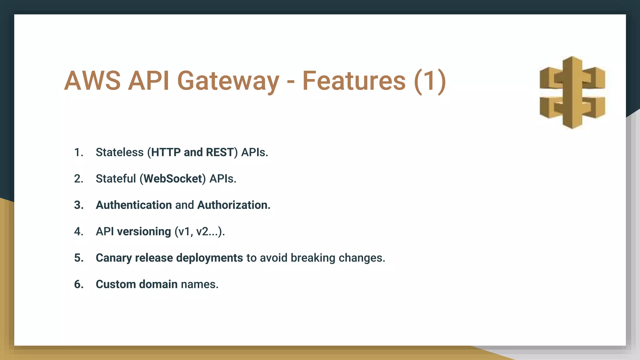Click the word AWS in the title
point(92,81)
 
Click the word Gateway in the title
point(228,81)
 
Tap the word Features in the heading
point(354,81)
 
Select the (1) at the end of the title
point(430,81)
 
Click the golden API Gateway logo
point(572,92)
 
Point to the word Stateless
point(119,152)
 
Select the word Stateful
point(116,179)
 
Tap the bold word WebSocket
point(173,179)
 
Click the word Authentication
point(134,205)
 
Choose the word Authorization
point(233,205)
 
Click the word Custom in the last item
point(115,284)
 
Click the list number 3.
point(78,205)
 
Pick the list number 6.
point(78,284)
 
